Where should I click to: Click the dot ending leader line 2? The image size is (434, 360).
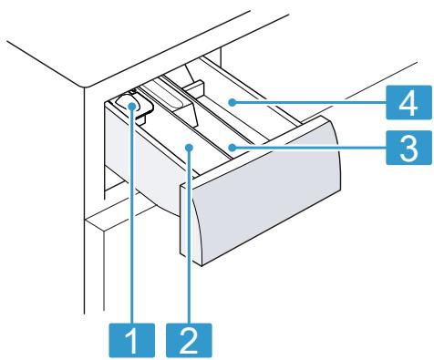tap(189, 146)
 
